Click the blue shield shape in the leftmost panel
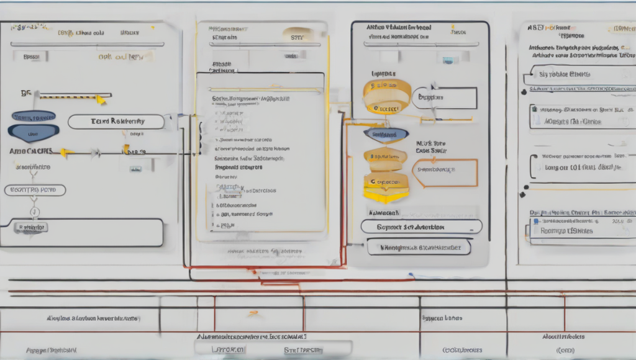34,132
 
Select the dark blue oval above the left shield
34,116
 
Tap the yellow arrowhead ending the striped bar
101,99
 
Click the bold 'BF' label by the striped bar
25,94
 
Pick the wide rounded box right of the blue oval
116,122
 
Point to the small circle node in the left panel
34,212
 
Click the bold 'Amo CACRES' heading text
31,151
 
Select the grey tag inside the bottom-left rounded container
32,228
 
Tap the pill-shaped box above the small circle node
35,190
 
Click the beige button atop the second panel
298,36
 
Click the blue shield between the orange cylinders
386,134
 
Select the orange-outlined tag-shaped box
444,172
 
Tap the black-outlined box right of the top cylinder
445,97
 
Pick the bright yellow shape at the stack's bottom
385,196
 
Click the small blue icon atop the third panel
447,60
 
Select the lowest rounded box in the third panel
417,247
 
